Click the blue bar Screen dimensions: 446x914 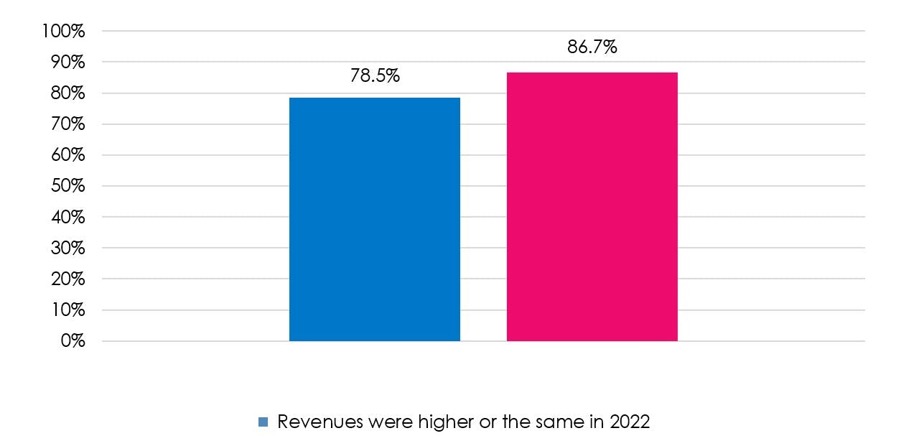(374, 219)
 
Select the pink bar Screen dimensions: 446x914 (592, 207)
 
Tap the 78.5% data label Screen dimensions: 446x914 (374, 75)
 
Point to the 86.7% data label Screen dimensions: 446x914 (592, 48)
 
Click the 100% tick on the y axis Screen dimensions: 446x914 (64, 32)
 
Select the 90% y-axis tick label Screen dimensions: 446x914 (67, 62)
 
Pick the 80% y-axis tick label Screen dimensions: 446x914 (67, 93)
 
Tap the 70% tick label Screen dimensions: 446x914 (67, 124)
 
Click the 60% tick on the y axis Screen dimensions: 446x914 (67, 155)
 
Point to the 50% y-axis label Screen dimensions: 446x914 (67, 186)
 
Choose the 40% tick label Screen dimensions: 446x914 (67, 217)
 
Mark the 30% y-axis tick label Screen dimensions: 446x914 (67, 248)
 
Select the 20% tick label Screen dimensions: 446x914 (67, 279)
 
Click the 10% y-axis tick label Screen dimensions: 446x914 (67, 310)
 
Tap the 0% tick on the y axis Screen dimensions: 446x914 (71, 341)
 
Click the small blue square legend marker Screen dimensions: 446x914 (263, 422)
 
